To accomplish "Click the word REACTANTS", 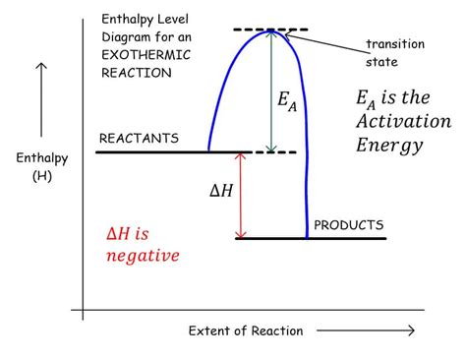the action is click(139, 139).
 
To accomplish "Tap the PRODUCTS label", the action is click(349, 225).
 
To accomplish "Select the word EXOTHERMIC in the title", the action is click(146, 55).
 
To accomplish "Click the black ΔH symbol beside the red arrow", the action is click(221, 190).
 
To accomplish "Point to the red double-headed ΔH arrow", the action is click(241, 196).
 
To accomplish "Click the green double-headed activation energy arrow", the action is click(270, 90).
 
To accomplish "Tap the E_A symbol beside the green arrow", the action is click(287, 101).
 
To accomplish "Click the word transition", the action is click(395, 44).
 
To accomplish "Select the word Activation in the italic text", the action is click(404, 121).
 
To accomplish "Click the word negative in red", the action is click(143, 255).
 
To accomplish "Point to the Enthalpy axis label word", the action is click(42, 158).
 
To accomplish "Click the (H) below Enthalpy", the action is click(42, 176).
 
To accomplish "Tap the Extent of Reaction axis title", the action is click(246, 330).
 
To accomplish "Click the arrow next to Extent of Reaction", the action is click(366, 330).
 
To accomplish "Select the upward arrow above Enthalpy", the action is click(41, 100).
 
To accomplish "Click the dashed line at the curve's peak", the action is click(270, 30).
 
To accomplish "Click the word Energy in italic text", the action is click(389, 146).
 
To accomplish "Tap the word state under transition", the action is click(381, 62).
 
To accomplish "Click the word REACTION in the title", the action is click(137, 73).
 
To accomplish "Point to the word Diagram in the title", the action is click(126, 37).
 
